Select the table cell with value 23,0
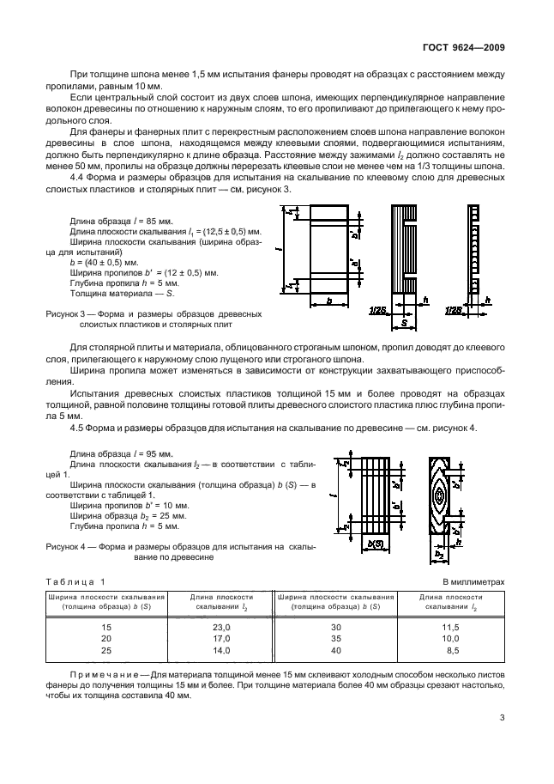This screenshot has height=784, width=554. pos(221,629)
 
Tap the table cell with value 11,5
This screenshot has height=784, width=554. pos(449,629)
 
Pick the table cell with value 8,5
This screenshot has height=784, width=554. pos(451,651)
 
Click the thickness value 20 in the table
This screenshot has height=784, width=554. pos(106,640)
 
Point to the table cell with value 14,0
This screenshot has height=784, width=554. pos(221,651)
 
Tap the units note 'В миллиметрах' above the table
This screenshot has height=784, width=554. pos(473,582)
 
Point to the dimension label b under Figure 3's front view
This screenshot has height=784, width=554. pos(328,301)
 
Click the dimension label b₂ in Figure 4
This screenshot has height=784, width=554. pos(439,556)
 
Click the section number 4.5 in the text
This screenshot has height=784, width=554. pos(76,428)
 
